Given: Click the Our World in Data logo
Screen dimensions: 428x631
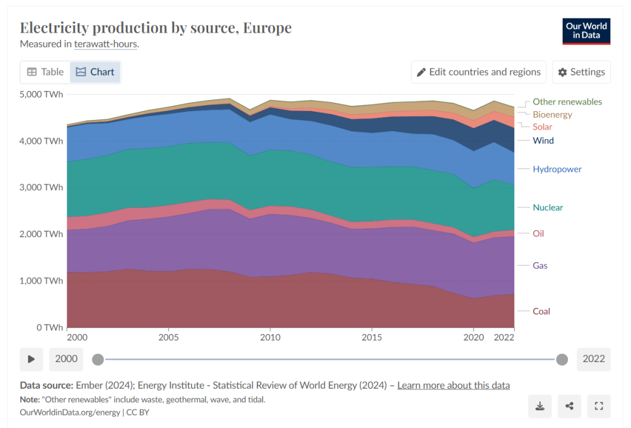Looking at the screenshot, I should pos(586,31).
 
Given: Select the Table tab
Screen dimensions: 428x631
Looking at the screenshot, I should pos(45,72).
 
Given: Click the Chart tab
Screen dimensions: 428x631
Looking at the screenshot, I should pos(95,72).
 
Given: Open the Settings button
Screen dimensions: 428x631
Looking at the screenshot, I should pos(581,72).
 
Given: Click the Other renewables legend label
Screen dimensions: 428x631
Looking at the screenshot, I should pos(567,102).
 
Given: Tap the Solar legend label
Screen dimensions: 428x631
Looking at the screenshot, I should pos(542,127).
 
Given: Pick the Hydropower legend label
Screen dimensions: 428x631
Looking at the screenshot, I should pos(557,169).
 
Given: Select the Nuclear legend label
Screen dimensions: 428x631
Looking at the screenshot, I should pos(548,207).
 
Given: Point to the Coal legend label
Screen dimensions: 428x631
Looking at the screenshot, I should pos(541,311).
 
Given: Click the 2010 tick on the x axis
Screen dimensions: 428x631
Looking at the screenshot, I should pos(270,337).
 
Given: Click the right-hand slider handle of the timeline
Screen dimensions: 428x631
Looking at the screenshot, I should pos(561,359).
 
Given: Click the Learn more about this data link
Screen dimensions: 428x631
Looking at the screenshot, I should pos(453,385).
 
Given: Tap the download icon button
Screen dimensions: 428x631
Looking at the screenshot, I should pos(539,406).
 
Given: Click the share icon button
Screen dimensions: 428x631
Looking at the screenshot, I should pos(569,406).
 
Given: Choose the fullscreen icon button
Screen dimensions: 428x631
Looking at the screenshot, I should pos(599,406).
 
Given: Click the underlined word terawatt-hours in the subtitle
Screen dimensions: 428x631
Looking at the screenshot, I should pos(106,44).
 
